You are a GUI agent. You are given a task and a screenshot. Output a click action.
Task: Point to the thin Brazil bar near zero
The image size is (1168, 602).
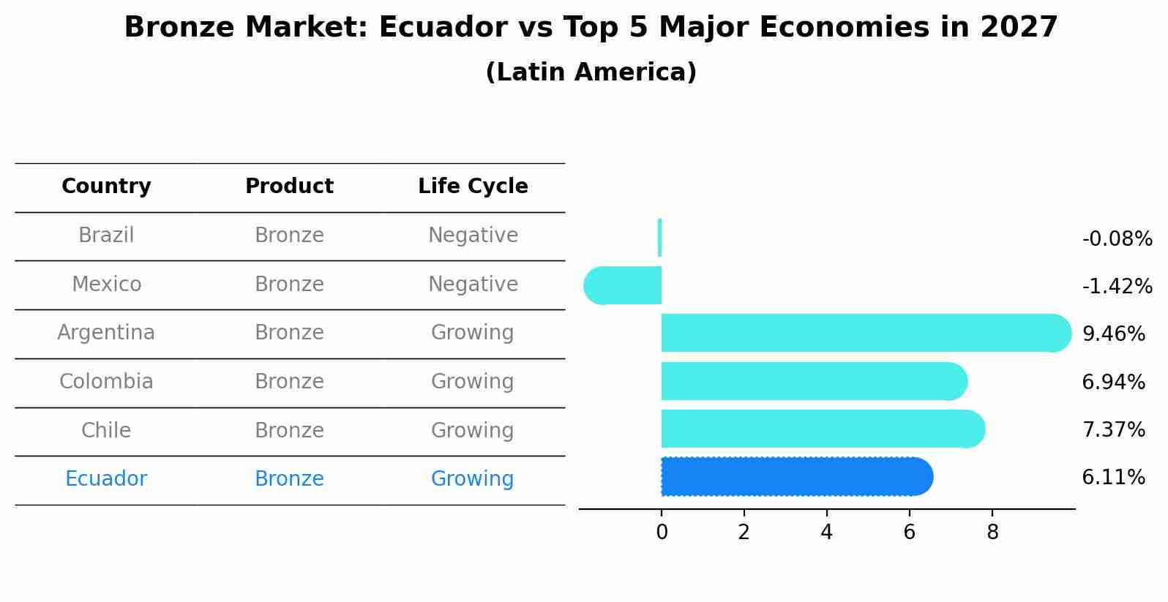point(660,238)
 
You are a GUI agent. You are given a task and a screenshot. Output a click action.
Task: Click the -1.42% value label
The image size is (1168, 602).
point(1117,286)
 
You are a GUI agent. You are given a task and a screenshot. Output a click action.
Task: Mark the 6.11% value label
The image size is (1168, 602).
point(1113,478)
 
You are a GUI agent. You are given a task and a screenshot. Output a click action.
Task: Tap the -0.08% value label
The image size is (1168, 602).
point(1117,239)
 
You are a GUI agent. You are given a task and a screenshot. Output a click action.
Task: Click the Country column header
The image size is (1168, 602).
point(106,187)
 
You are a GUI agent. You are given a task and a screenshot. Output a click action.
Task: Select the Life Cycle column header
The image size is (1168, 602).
point(473,187)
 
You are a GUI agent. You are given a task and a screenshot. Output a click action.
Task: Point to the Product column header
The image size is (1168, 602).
point(289,187)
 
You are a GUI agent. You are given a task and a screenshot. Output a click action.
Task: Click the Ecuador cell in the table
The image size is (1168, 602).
point(106,479)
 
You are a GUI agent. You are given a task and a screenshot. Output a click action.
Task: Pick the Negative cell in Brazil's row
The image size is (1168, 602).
point(473,236)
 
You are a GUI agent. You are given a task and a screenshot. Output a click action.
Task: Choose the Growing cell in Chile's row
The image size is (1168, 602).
point(472,430)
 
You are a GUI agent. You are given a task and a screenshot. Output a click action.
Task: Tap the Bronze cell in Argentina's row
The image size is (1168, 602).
point(289,333)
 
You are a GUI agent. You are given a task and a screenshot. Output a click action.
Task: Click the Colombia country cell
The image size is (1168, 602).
point(106,382)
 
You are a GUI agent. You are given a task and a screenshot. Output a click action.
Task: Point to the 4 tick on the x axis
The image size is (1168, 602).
point(827,533)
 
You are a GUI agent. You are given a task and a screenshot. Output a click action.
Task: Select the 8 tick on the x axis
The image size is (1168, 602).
point(992,533)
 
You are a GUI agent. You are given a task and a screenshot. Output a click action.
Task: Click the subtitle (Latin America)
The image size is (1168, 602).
point(591,72)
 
